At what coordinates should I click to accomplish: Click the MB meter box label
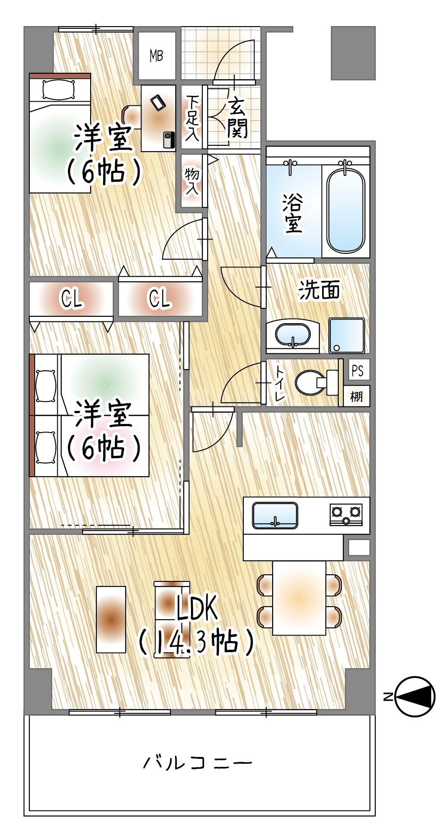(156, 56)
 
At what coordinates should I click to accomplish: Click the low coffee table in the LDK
(111, 619)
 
